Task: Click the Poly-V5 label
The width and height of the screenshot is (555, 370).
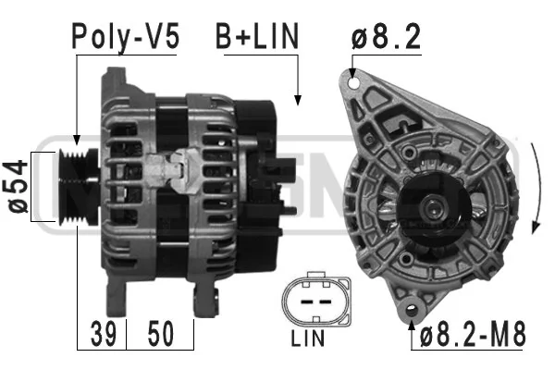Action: point(126,36)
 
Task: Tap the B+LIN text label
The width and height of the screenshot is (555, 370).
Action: point(257,36)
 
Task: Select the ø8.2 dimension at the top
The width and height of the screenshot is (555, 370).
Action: point(386,36)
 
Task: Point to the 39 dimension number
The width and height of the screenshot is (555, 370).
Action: point(103,334)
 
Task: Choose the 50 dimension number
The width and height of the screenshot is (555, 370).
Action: point(161,334)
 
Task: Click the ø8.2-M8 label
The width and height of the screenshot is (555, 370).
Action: point(473,335)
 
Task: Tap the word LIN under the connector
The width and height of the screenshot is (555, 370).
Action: point(308,339)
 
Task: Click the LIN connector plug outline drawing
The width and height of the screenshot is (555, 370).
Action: point(316,299)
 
